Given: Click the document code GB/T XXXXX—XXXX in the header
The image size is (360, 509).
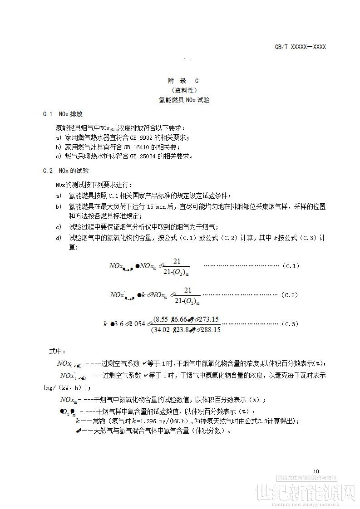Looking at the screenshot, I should pyautogui.click(x=300, y=47).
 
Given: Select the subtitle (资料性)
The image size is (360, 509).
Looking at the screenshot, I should pyautogui.click(x=184, y=90).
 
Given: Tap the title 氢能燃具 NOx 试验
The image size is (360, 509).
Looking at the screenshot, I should pyautogui.click(x=184, y=100).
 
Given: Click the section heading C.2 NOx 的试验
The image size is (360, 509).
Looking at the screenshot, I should pyautogui.click(x=66, y=171).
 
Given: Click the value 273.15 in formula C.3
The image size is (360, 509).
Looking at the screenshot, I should pyautogui.click(x=209, y=319).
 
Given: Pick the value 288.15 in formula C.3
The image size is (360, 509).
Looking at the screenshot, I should pyautogui.click(x=210, y=330).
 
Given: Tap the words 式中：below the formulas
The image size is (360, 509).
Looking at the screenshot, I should pyautogui.click(x=57, y=352).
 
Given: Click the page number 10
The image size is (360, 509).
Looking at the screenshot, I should pyautogui.click(x=316, y=471).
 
